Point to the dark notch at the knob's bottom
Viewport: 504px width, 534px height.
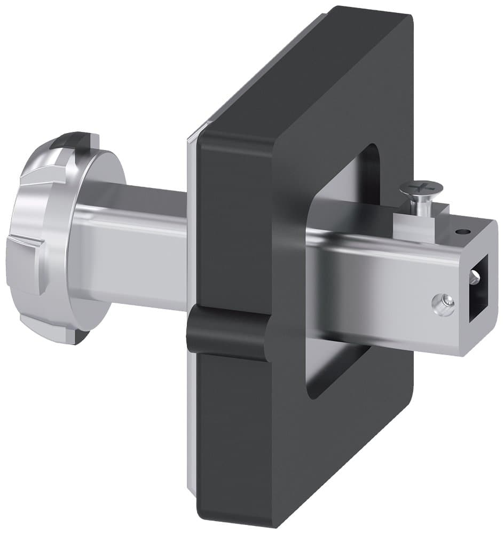click(80, 336)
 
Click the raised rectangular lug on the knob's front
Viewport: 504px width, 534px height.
click(24, 262)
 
